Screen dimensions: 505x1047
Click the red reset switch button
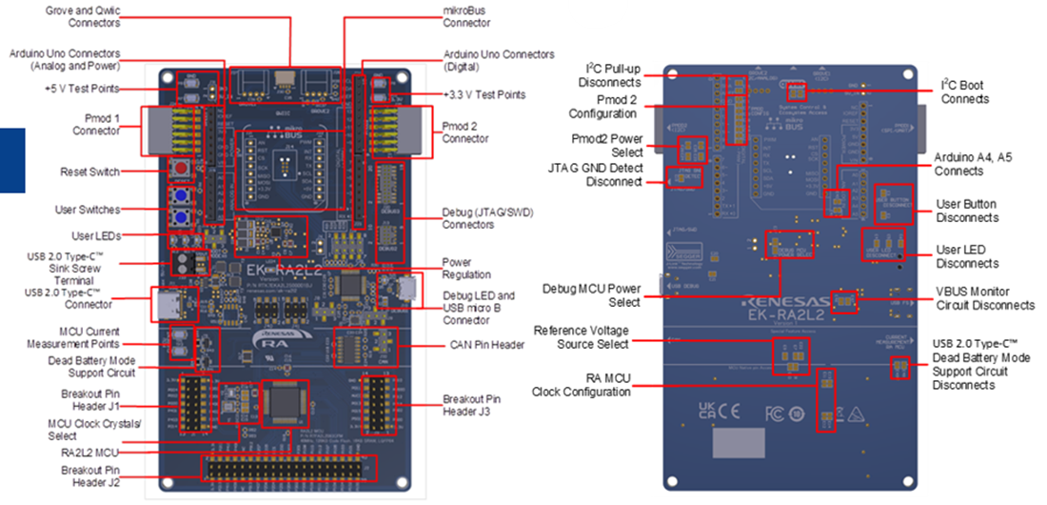pos(178,169)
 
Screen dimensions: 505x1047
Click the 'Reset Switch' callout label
pos(89,172)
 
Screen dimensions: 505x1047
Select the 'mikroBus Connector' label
pos(466,14)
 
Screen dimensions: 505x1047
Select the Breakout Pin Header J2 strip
pos(286,468)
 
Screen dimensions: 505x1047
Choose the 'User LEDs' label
pos(95,235)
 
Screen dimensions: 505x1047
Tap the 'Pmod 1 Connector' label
pos(96,124)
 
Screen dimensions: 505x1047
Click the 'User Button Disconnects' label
pos(967,211)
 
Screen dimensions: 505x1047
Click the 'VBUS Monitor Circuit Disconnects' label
pos(986,298)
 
